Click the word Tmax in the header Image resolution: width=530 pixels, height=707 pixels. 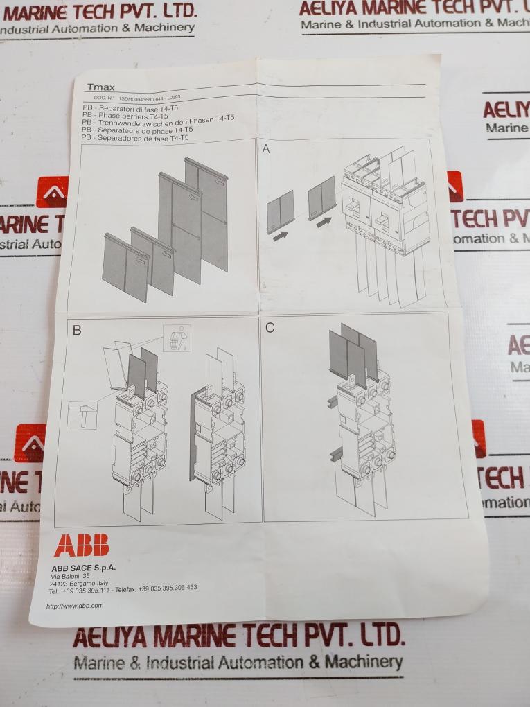click(101, 87)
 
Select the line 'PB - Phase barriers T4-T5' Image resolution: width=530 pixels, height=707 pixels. click(125, 116)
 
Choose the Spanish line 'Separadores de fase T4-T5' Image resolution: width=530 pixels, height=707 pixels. click(135, 138)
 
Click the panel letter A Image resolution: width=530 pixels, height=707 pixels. click(266, 149)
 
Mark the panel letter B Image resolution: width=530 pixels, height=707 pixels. click(77, 331)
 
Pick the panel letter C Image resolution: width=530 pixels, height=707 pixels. click(270, 328)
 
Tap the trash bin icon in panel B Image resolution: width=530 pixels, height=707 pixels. click(176, 338)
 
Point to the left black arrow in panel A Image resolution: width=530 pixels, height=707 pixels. click(279, 236)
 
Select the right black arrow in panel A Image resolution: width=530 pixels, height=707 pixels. click(324, 222)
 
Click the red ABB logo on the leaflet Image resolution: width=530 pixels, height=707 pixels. click(81, 545)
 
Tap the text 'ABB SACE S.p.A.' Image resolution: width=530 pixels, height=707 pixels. click(84, 567)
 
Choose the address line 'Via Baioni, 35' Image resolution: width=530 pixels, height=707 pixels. click(70, 576)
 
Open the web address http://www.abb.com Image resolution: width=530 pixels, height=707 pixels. click(75, 606)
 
